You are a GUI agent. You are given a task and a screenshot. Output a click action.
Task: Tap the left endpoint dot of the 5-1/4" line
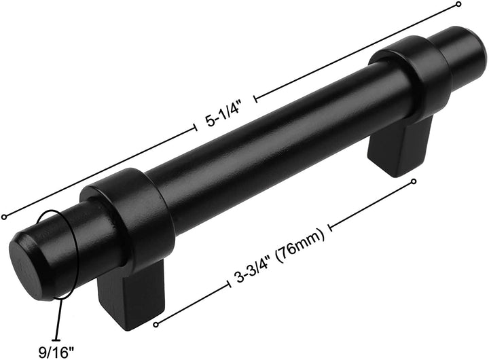(x=5, y=217)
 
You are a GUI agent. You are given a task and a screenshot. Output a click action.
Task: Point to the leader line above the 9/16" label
(x=60, y=319)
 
